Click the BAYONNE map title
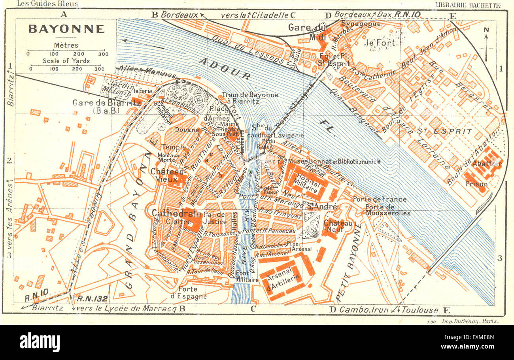66,29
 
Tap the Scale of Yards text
66,61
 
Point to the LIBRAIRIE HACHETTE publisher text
467,5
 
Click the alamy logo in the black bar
40,342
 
